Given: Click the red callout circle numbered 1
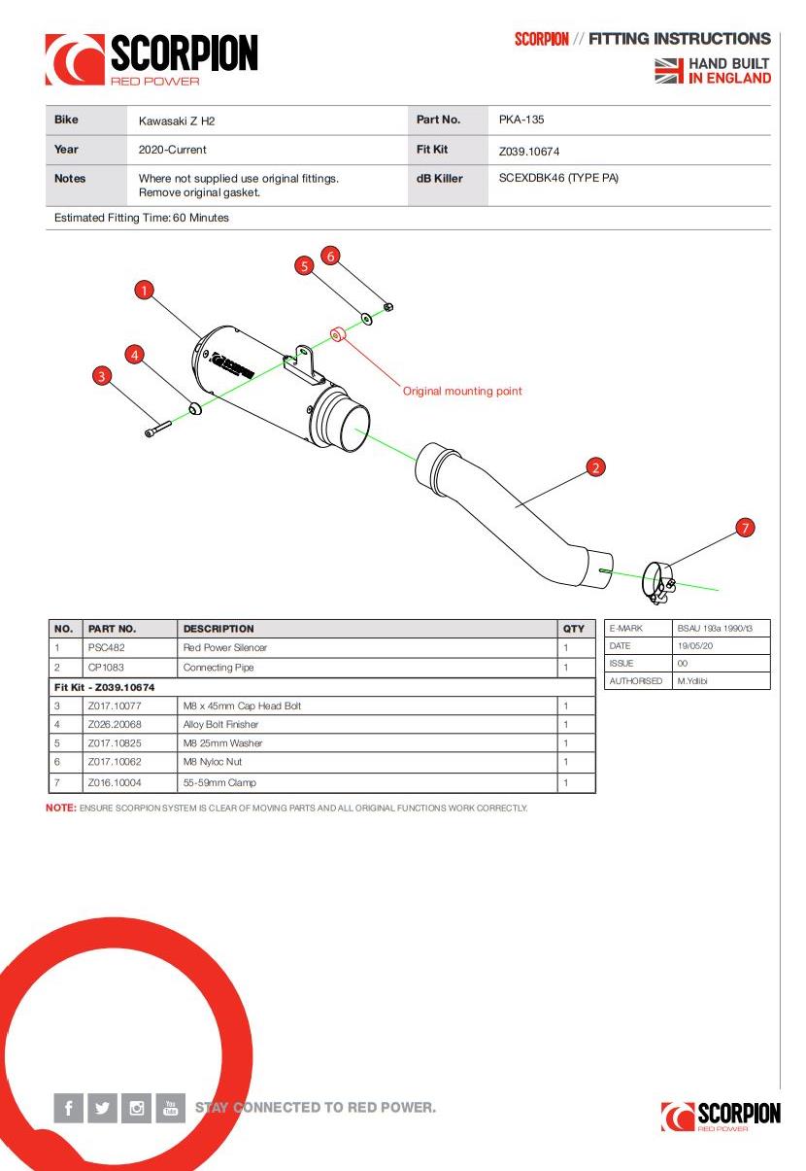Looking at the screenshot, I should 145,290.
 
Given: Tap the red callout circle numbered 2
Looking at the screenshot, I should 596,467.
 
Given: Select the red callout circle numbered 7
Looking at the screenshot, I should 745,528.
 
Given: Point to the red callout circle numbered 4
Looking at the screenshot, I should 136,355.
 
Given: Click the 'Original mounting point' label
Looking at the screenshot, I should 462,392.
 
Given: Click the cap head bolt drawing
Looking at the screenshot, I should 157,429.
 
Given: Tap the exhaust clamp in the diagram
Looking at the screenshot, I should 659,582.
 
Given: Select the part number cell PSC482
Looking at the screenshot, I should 106,647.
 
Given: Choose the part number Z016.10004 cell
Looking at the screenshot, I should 114,782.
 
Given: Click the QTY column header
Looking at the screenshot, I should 574,629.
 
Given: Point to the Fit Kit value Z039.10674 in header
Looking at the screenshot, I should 529,152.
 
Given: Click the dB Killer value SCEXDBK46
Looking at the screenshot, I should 557,179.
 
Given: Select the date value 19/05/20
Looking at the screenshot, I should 694,646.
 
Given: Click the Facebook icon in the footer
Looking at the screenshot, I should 69,1108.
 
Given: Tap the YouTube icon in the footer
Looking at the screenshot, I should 170,1108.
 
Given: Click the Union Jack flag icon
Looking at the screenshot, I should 669,71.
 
